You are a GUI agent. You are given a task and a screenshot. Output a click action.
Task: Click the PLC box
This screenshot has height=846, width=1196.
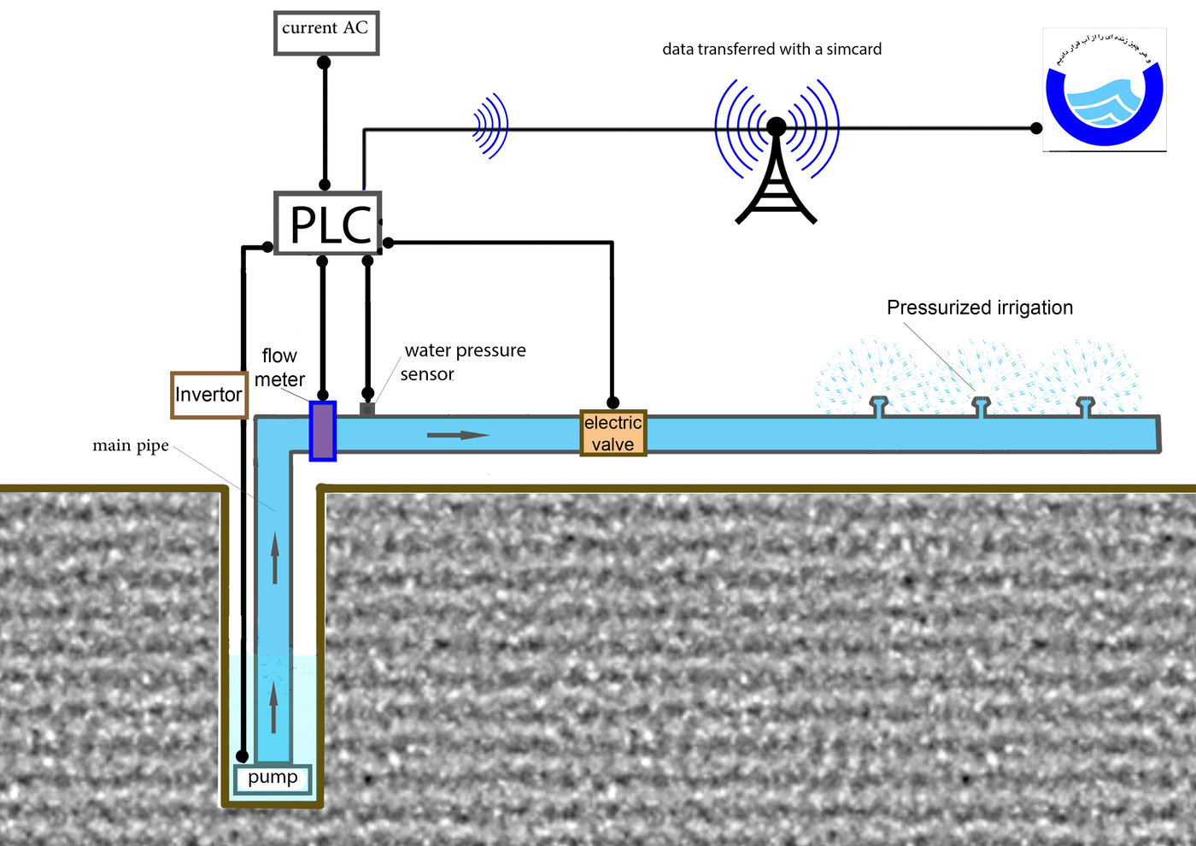pos(327,223)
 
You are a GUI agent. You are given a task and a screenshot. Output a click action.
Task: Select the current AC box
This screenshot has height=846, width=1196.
pos(325,32)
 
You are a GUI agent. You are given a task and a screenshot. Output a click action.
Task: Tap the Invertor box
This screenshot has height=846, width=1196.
pos(209,395)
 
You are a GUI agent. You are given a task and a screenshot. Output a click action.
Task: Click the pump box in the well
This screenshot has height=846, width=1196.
pos(273,778)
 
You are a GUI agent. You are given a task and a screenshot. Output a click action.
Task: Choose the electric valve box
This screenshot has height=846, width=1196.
pos(613,433)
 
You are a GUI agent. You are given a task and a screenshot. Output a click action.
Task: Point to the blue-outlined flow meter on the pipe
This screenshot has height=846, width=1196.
pos(323,431)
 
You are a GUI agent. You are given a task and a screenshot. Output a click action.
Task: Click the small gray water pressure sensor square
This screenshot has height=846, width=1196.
pos(367,409)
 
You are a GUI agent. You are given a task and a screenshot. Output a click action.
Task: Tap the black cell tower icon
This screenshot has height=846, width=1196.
pos(777,175)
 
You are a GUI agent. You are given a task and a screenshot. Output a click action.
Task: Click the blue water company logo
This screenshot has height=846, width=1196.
pos(1105,91)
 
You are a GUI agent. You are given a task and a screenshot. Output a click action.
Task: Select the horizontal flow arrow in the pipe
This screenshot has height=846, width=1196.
pos(458,435)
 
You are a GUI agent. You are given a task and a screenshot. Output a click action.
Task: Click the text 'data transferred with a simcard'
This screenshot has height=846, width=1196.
pos(771,50)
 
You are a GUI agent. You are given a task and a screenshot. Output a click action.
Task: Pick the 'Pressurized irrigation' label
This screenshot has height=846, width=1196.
pos(979,308)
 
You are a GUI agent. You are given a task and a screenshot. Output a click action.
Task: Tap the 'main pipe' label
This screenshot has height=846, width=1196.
pos(131,445)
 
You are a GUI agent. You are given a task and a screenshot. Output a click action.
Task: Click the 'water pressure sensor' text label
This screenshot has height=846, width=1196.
pos(464,362)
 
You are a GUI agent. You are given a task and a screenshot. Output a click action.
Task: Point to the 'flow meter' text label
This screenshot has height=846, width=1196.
pos(279,367)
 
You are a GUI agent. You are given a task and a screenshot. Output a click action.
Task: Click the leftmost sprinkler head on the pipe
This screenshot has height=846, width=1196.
pos(878,406)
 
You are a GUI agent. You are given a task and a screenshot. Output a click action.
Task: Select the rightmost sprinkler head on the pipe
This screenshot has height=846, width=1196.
pos(1085,406)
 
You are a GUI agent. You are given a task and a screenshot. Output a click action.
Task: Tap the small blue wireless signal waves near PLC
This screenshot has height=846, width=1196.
pos(491,126)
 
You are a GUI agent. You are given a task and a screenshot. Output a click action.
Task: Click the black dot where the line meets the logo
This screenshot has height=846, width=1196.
pos(1036,128)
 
